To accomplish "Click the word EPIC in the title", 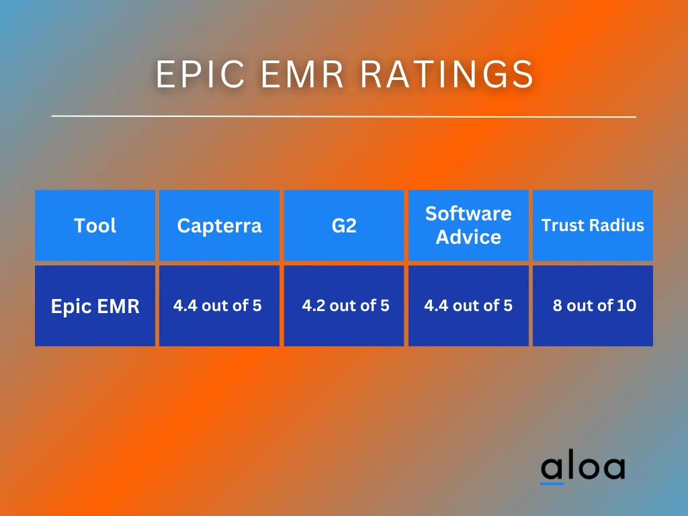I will click(199, 74).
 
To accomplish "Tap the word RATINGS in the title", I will click(447, 74).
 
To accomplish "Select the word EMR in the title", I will click(304, 74).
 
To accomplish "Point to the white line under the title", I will click(344, 116).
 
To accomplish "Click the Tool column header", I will click(95, 226).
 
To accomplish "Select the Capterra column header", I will click(219, 226).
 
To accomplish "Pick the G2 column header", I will click(344, 226).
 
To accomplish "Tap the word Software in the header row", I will click(468, 214).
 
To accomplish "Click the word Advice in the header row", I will click(468, 237).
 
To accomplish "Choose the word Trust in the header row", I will click(562, 226).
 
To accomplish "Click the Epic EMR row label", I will click(95, 306).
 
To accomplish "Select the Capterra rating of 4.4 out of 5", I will click(217, 306).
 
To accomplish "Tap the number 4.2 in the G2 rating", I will click(314, 306).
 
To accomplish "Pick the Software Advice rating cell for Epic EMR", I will click(468, 306).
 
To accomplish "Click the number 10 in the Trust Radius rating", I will click(626, 306).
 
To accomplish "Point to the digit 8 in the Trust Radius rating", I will click(558, 306).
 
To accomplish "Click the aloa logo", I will click(583, 468).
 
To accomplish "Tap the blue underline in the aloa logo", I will click(552, 483).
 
